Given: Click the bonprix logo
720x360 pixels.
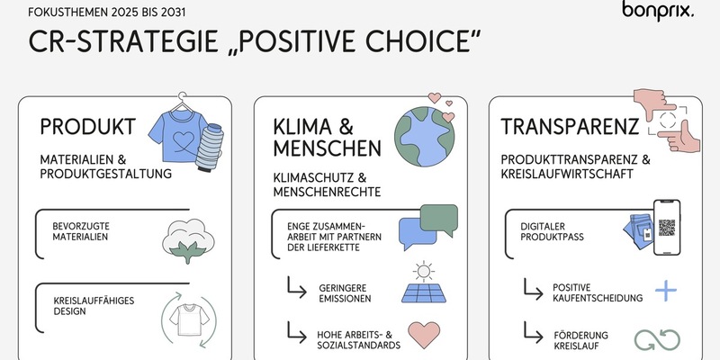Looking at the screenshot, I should (x=658, y=12).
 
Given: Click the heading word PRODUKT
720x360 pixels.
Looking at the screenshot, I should (x=87, y=126).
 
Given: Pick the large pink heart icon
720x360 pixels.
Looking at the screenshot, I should (x=423, y=335).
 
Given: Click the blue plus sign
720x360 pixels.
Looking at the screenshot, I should (x=665, y=290).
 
